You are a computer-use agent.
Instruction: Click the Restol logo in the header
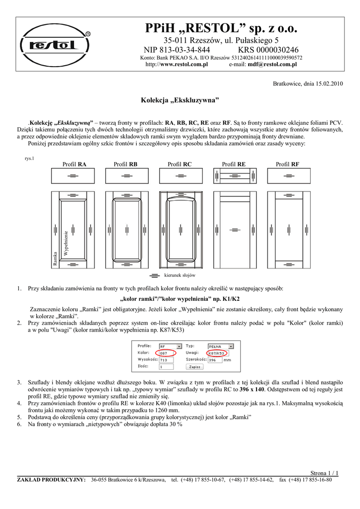56,45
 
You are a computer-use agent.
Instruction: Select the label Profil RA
75,164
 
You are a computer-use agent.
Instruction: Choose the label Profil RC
180,164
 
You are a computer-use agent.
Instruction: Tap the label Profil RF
288,164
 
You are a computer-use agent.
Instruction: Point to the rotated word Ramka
55,260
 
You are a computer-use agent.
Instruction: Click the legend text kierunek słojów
180,275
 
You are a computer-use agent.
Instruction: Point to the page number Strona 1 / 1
324,473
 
